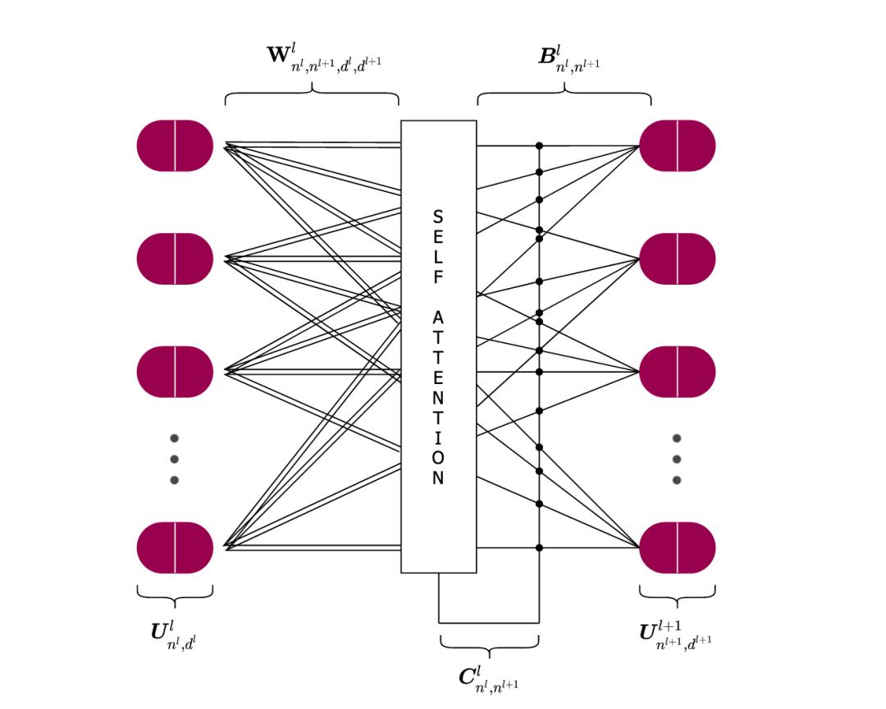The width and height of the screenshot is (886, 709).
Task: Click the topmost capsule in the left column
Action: [175, 145]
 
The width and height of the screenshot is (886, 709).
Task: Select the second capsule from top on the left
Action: [175, 258]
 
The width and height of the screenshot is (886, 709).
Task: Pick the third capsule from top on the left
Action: [175, 372]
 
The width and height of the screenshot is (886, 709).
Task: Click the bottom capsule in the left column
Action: [175, 547]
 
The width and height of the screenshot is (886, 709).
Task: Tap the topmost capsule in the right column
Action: [677, 145]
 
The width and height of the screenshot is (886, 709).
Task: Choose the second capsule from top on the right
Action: [677, 258]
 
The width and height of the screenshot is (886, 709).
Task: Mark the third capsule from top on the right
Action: [677, 372]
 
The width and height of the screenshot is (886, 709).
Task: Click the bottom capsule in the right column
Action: [677, 547]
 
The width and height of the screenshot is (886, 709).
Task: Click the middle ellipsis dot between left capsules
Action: [174, 459]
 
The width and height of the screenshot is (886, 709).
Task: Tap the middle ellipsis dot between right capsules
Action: [676, 459]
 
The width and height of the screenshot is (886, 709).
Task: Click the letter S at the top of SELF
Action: [438, 217]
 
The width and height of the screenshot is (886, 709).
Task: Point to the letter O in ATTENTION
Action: [438, 458]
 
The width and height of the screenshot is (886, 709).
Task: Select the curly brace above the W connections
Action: [312, 93]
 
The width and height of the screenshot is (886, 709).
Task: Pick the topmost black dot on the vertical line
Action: [539, 146]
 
